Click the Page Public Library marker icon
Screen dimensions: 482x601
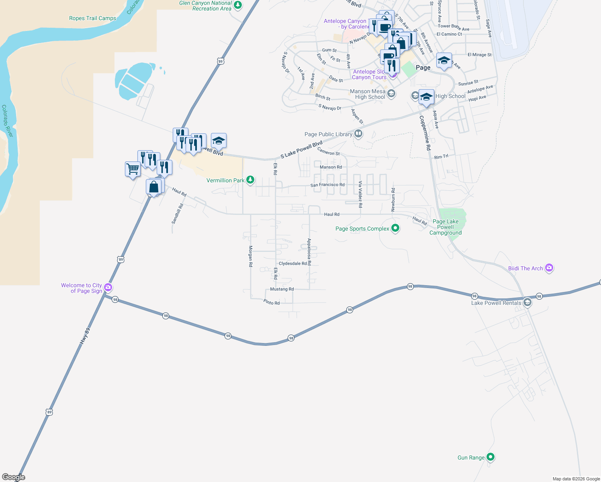click(358, 134)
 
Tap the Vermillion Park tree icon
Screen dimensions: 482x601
click(250, 180)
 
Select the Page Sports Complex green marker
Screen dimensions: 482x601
click(395, 228)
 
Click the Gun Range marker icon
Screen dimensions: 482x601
click(491, 457)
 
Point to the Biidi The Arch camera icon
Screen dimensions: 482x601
click(549, 268)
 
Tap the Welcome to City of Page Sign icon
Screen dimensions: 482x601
click(108, 287)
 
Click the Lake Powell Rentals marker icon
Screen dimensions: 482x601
click(527, 302)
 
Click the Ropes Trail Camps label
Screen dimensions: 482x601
click(92, 18)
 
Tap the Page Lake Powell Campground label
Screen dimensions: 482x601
click(446, 227)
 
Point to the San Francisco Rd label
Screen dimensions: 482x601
click(327, 185)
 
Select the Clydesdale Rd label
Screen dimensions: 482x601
click(292, 263)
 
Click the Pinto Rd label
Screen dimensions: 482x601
click(272, 302)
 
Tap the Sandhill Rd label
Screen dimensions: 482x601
click(177, 213)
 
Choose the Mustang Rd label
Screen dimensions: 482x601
click(282, 289)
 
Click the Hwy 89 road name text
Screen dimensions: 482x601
click(85, 336)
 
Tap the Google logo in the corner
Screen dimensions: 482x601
click(14, 477)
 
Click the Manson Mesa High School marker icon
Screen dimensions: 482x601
click(391, 94)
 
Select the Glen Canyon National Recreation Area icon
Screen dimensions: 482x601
click(238, 5)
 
